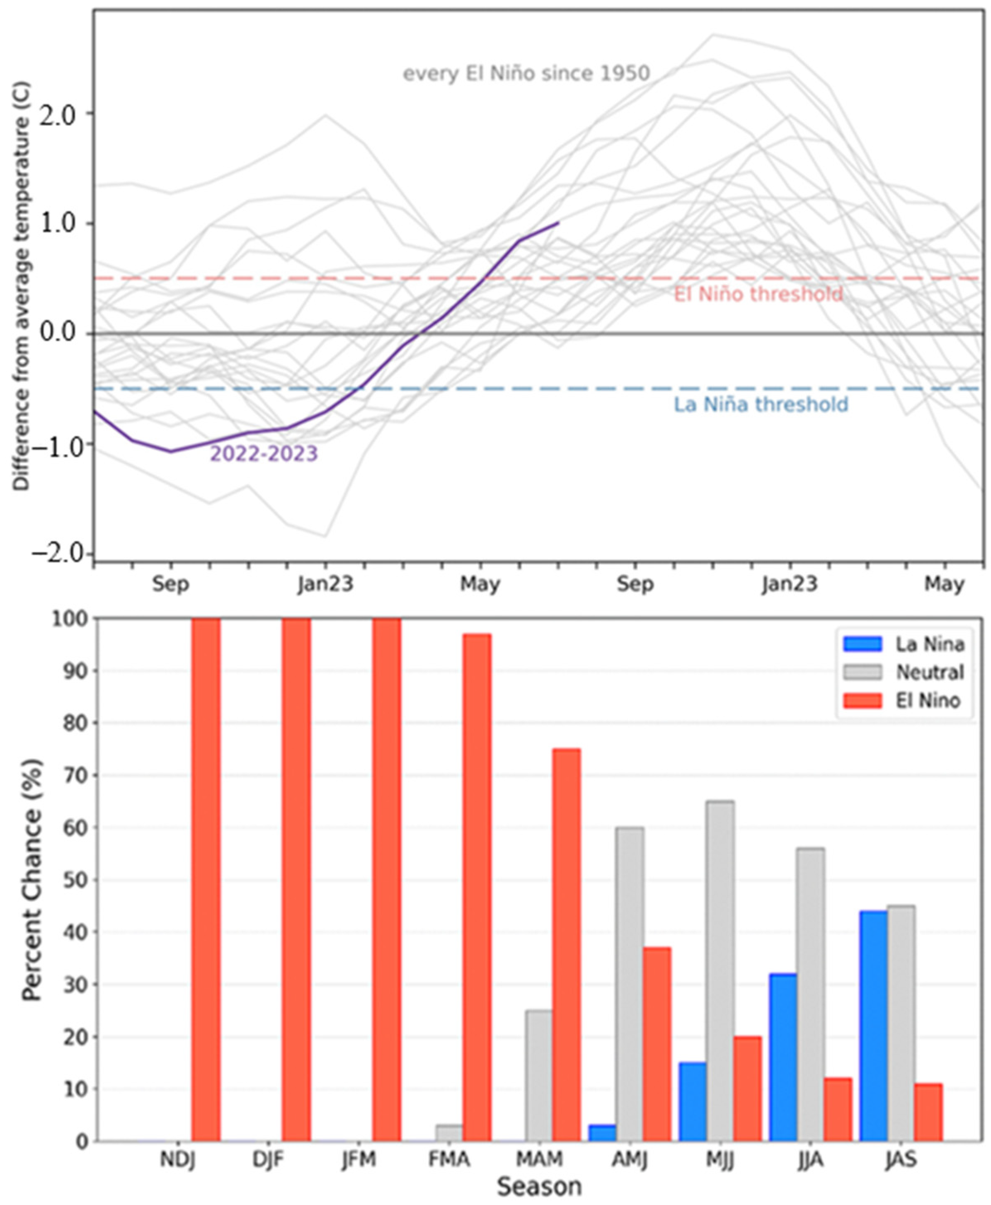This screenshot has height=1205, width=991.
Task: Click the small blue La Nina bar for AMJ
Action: coord(602,1133)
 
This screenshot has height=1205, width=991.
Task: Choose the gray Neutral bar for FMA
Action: coord(449,1133)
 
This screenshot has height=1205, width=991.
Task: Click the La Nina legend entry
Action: coord(929,644)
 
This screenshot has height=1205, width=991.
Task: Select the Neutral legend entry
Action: coord(929,673)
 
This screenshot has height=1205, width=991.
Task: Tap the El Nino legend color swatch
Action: coord(863,700)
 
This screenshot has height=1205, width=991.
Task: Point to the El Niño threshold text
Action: coord(758,295)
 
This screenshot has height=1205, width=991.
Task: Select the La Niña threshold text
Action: coord(761,405)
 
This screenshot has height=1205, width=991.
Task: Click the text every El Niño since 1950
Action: coord(526,74)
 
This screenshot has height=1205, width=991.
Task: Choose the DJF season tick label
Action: coord(268,1160)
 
